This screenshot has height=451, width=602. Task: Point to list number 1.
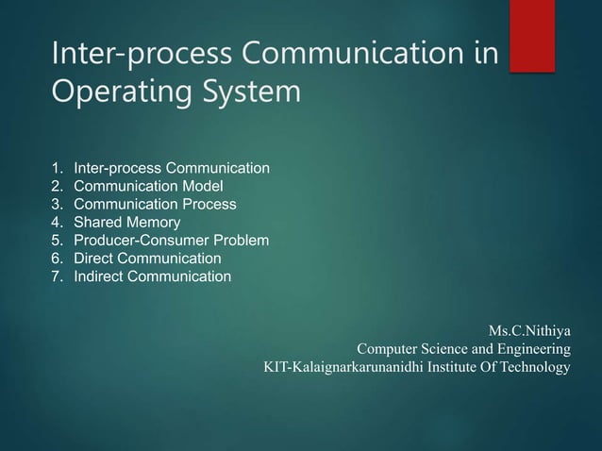(57, 169)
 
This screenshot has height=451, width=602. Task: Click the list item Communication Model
(148, 187)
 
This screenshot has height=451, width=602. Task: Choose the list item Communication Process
(155, 205)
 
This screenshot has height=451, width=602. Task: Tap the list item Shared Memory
(126, 223)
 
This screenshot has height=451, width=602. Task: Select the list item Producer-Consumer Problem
(171, 241)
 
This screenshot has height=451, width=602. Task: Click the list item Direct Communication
(147, 259)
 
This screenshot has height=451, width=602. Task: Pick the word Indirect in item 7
(98, 276)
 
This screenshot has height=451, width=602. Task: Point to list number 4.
(57, 223)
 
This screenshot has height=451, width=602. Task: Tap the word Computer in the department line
(387, 349)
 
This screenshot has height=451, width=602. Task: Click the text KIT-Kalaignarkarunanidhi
(343, 367)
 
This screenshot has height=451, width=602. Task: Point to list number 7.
(57, 276)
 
